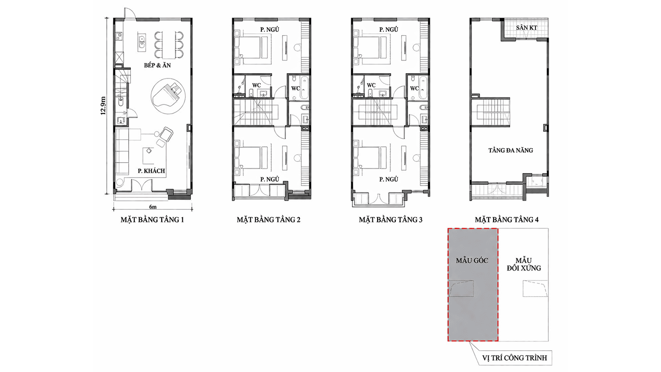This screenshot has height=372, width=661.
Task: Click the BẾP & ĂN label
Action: point(157,65)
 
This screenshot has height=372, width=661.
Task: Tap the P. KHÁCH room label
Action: point(151,171)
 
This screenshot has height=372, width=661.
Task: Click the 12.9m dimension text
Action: point(103,105)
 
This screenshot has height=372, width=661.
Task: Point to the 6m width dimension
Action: point(153,207)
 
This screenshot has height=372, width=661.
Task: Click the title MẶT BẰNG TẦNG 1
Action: point(152,220)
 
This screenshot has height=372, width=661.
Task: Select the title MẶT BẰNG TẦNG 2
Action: point(268,220)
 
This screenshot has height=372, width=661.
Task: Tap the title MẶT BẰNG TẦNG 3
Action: point(391,220)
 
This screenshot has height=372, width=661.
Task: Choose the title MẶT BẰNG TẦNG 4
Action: point(507,220)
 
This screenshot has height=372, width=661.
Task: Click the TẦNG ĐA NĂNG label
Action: point(510,150)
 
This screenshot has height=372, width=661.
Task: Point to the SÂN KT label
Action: point(527,28)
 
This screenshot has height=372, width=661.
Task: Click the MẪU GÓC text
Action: point(472,260)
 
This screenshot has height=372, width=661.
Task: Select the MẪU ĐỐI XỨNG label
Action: point(524,264)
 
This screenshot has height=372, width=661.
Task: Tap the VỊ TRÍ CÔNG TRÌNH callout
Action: point(515,358)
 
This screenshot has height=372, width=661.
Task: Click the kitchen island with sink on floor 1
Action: point(142,42)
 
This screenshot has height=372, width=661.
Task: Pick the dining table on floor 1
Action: point(168,45)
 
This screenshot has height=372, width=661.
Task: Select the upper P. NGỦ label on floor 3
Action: point(389,30)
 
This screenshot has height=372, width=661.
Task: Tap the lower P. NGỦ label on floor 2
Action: point(269,179)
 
